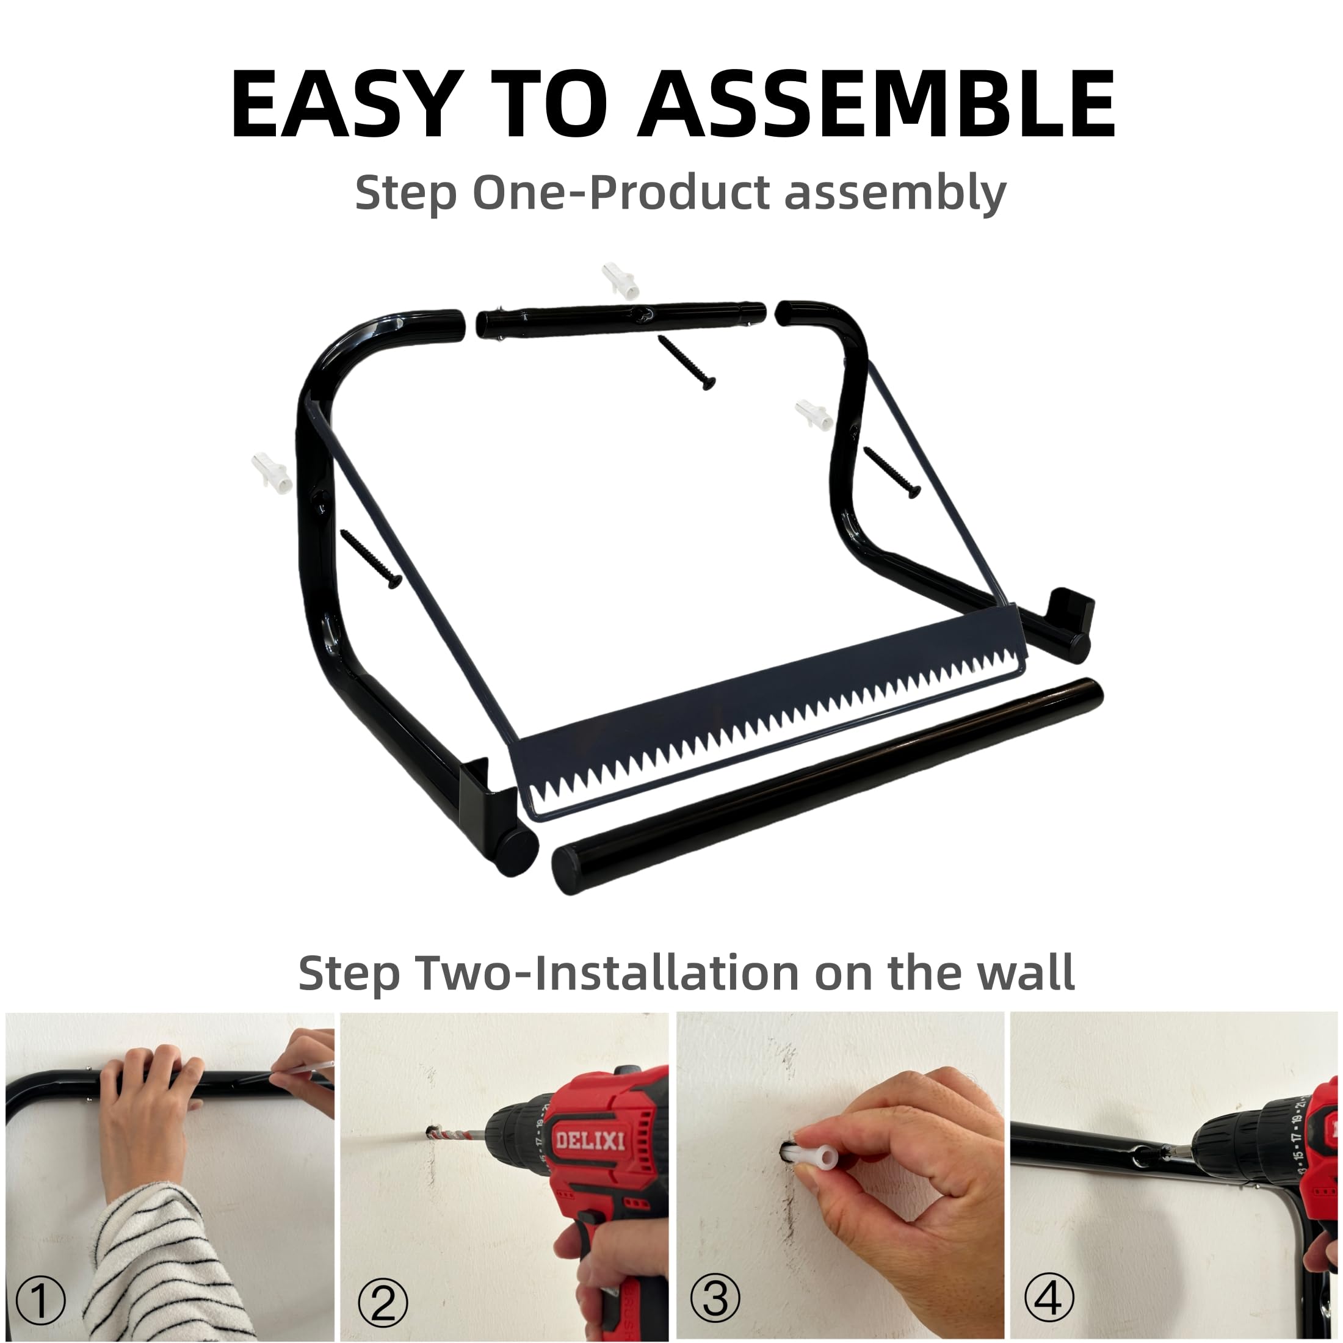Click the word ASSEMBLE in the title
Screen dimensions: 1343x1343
point(877,105)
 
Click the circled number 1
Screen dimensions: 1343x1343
point(40,1299)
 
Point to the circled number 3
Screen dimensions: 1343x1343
point(715,1297)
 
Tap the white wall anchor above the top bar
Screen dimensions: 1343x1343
point(621,280)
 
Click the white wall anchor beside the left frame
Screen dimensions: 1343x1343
point(272,472)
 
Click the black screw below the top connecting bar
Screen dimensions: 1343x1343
point(687,362)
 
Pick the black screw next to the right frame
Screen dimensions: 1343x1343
point(892,472)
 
